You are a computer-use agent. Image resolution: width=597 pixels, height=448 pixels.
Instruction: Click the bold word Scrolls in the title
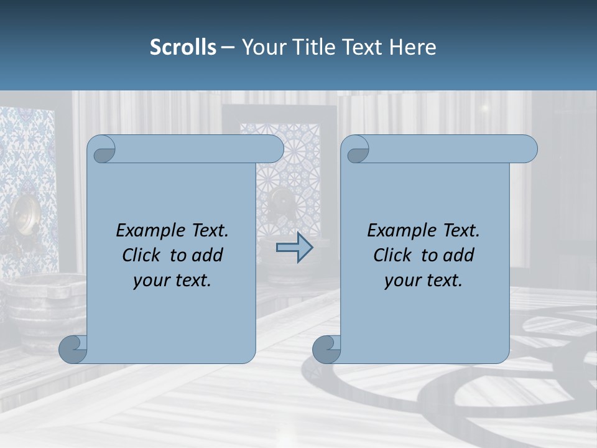click(x=183, y=47)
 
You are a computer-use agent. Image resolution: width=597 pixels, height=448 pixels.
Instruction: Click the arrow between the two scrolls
click(x=294, y=248)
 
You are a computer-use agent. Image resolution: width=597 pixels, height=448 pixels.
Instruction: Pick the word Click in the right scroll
click(x=392, y=255)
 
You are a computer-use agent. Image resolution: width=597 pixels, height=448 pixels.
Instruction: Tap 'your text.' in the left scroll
click(x=172, y=281)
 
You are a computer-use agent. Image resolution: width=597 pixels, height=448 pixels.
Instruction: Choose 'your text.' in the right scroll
click(x=423, y=281)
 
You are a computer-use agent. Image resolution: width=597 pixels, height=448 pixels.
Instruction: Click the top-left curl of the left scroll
click(x=102, y=149)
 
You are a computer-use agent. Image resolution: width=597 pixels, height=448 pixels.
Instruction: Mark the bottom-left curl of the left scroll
click(x=73, y=349)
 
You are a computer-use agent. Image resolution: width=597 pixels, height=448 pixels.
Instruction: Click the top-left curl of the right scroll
click(x=356, y=149)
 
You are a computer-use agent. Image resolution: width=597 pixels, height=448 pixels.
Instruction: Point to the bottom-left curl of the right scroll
click(x=326, y=349)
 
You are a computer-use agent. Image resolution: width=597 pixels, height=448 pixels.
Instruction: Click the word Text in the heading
click(x=361, y=47)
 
